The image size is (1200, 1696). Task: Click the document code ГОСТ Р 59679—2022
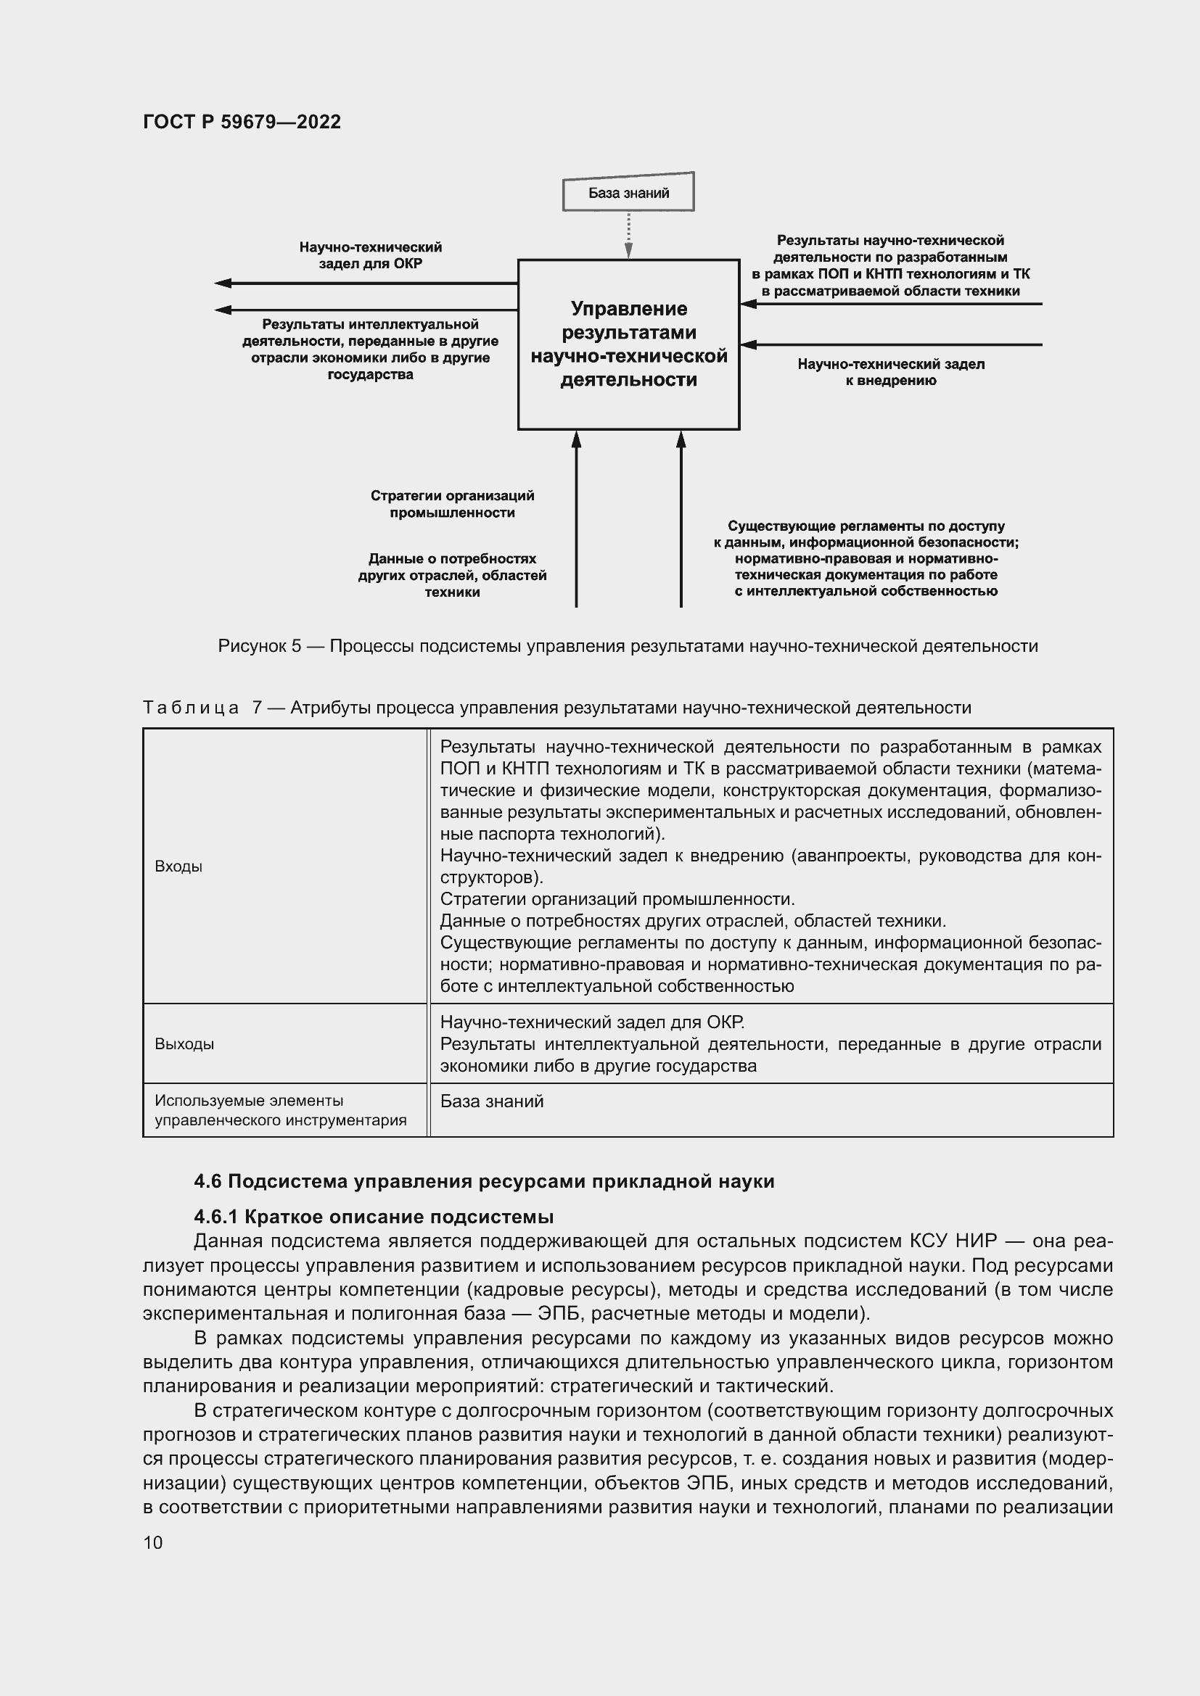tap(242, 122)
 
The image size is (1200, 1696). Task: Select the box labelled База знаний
tap(628, 194)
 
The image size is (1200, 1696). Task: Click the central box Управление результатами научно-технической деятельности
tap(628, 344)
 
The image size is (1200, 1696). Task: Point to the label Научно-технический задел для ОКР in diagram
tap(370, 255)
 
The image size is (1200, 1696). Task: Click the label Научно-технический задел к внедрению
tap(890, 372)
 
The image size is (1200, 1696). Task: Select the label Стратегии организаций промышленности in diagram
tap(452, 504)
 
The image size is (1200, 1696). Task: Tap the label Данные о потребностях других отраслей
tap(452, 576)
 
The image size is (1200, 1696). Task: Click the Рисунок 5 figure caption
tap(628, 646)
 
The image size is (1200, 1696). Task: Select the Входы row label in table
tap(178, 866)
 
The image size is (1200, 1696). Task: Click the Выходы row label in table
tap(185, 1043)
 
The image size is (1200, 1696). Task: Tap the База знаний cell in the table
tap(492, 1101)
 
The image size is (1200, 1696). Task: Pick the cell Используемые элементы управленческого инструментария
tap(281, 1110)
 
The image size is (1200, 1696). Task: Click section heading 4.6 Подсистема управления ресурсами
tap(484, 1181)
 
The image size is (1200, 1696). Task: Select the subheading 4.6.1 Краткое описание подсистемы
tap(374, 1217)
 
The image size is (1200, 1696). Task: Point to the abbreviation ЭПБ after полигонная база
tap(558, 1313)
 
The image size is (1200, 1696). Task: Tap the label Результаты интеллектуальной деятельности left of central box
tap(370, 349)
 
